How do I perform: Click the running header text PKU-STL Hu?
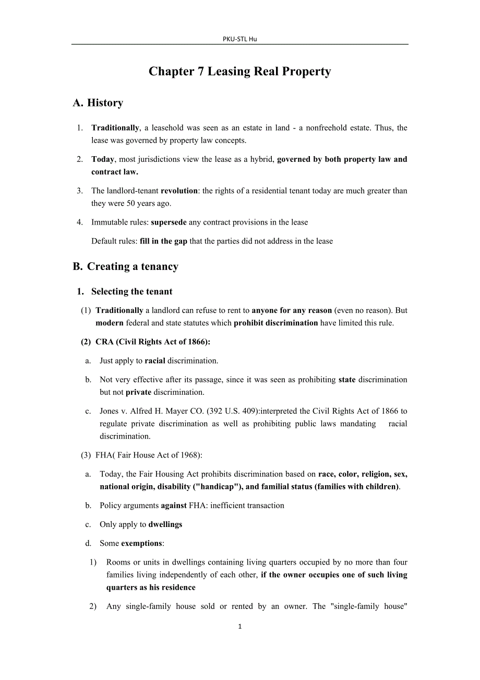tap(239, 39)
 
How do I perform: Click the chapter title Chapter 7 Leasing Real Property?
tap(239, 72)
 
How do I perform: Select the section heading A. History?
tap(98, 103)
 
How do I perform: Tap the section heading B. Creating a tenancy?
tap(126, 266)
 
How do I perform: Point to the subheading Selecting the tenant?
tap(131, 291)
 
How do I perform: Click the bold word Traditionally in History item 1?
tap(115, 128)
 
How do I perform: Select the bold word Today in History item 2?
tap(103, 159)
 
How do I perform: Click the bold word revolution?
tap(179, 191)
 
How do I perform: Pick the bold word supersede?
tap(169, 222)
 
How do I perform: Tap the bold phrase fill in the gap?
tap(163, 241)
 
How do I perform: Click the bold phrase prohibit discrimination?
tap(275, 323)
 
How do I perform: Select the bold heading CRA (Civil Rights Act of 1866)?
tap(153, 342)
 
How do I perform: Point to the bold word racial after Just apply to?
tap(155, 360)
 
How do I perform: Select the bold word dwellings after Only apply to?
tap(165, 524)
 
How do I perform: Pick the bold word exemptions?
tap(141, 543)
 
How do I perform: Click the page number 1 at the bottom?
tap(239, 627)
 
